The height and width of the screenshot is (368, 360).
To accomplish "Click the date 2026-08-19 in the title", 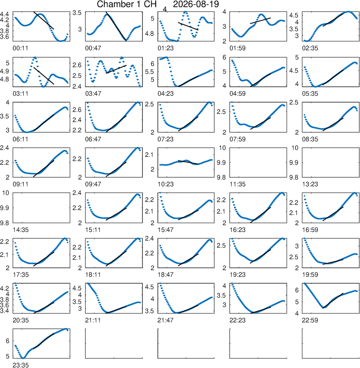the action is tap(196, 4).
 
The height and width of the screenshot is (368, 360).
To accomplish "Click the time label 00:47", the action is tap(93, 48).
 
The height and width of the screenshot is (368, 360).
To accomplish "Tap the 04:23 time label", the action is tap(166, 94).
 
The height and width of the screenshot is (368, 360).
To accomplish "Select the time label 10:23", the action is tap(166, 184).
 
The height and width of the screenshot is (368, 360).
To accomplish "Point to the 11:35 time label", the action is tap(238, 184).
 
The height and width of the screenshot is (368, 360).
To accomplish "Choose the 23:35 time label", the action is tap(21, 365).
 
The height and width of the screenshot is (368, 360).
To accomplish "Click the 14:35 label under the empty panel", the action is tap(21, 230).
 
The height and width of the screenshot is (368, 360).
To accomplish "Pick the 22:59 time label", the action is tap(310, 320).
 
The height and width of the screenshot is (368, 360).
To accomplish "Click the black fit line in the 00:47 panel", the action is tap(116, 26).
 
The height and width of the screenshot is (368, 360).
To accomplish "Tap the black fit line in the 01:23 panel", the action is tap(188, 26).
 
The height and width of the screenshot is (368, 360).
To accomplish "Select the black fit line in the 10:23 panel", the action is tap(188, 162).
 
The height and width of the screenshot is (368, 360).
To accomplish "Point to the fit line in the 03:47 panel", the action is tap(116, 69).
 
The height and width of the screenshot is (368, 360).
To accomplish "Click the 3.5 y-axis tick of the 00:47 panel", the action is tap(77, 13).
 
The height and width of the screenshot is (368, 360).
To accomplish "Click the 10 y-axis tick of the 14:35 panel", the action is tap(6, 193).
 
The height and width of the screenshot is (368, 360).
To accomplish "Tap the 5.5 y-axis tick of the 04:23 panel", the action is tap(150, 72).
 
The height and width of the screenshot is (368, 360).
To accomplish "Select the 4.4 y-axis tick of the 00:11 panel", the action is tap(5, 14).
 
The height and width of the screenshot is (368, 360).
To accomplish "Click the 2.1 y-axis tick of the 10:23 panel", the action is tap(149, 155).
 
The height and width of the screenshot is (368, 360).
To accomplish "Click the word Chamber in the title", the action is tap(112, 4).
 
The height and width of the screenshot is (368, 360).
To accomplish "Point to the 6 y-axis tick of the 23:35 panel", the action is tap(8, 341).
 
